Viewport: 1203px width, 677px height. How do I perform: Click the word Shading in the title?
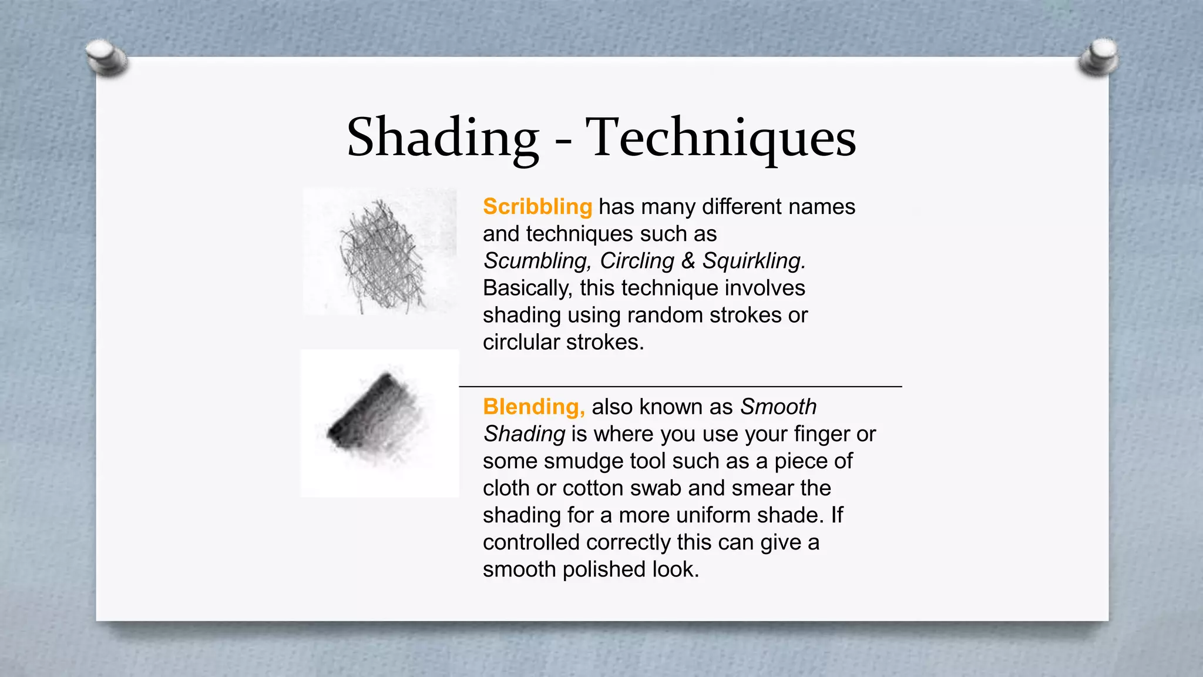click(x=442, y=138)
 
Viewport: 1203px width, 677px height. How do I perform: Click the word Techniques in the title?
click(x=721, y=138)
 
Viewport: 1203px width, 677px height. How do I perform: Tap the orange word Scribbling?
click(x=537, y=207)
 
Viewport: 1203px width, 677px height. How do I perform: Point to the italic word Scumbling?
click(x=537, y=261)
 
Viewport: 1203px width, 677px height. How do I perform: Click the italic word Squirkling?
click(x=754, y=261)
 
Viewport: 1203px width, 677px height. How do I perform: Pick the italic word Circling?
click(x=636, y=261)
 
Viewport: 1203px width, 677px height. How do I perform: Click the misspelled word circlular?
click(x=521, y=342)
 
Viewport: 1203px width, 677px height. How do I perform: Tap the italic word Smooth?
click(x=778, y=407)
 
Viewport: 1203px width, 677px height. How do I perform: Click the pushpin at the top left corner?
click(x=105, y=58)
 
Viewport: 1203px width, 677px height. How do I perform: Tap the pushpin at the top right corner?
click(x=1098, y=57)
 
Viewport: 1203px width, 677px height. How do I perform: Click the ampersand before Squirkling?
click(x=687, y=261)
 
